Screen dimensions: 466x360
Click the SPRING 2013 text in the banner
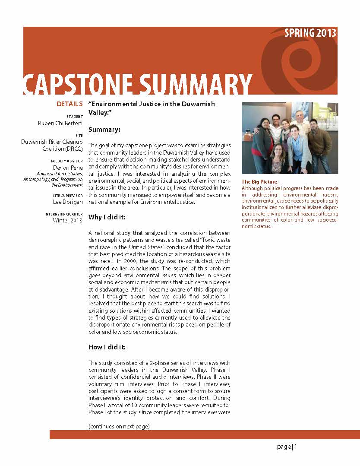point(310,33)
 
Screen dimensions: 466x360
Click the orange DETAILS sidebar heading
point(69,104)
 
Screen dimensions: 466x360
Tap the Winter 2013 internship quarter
point(67,220)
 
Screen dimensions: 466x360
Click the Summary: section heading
point(104,129)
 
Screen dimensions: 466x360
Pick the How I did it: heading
point(107,347)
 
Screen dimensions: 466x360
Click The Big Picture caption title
point(259,182)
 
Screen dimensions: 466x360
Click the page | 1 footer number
point(287,447)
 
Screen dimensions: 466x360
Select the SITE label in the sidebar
point(78,135)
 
